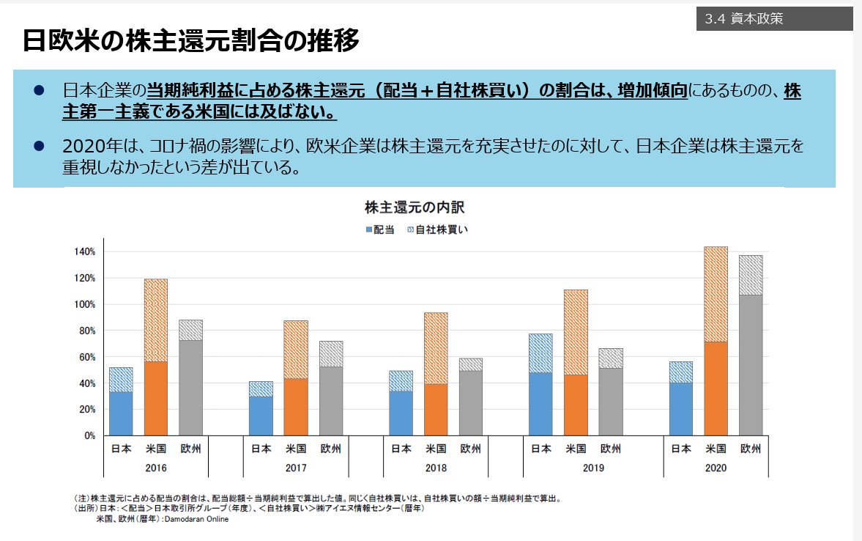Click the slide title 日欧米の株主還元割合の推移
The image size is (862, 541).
pos(191,41)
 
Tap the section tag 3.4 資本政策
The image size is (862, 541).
pos(744,20)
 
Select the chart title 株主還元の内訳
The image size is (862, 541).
pos(415,207)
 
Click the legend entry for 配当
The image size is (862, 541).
pos(379,229)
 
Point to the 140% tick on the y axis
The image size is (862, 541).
pos(85,252)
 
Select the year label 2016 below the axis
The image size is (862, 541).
pos(156,468)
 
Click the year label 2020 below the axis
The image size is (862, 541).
pos(716,468)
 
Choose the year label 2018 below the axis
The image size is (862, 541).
pos(436,468)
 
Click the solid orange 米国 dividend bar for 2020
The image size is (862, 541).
pos(716,389)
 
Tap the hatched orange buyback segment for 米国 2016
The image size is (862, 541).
pos(156,320)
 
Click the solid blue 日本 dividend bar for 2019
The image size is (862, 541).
pos(541,404)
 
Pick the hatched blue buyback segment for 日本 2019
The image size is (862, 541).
pos(541,353)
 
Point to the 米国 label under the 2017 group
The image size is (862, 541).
pos(296,449)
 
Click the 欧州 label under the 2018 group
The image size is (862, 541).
pos(470,449)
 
